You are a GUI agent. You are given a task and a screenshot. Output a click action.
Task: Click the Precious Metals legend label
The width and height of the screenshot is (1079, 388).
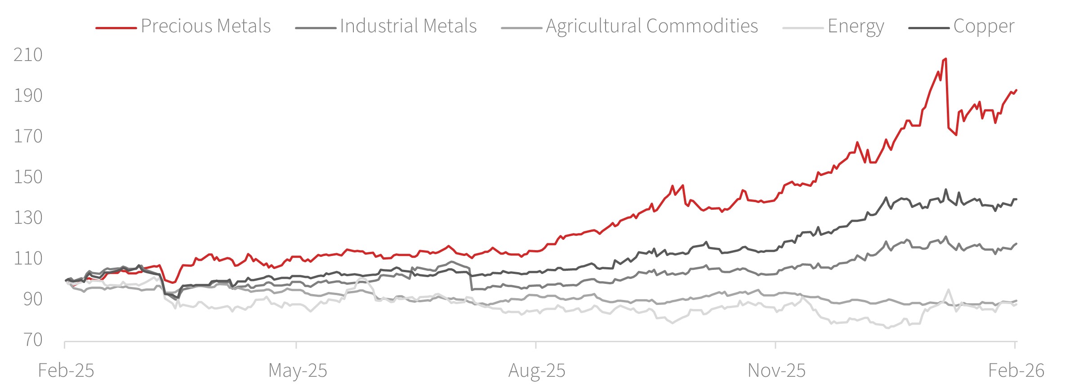[x=205, y=26]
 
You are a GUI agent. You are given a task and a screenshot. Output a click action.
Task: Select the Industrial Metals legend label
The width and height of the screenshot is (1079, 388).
[x=408, y=26]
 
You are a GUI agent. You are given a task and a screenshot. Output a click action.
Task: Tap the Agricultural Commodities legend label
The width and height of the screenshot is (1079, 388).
[x=652, y=26]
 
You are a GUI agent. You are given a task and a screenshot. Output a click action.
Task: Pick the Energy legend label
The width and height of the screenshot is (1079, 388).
[x=856, y=26]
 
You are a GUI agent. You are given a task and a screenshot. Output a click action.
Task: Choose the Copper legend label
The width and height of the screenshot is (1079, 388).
[x=984, y=26]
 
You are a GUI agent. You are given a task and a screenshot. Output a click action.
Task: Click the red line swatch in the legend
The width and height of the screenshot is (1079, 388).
[x=116, y=28]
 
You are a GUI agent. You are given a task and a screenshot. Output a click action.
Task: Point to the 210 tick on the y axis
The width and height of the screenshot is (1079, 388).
[x=28, y=55]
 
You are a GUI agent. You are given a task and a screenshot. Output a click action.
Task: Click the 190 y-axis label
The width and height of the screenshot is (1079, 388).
[x=28, y=96]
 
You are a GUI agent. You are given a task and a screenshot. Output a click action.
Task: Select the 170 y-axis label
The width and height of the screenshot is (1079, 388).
[x=28, y=136]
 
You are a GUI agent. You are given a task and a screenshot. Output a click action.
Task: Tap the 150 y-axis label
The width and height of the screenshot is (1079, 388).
[x=28, y=177]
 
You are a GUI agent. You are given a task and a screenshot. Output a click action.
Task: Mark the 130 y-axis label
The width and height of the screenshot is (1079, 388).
[x=28, y=218]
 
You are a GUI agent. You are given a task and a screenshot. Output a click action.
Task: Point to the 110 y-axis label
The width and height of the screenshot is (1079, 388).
[x=28, y=258]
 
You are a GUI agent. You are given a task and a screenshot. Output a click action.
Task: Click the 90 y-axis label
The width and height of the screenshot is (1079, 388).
[x=32, y=299]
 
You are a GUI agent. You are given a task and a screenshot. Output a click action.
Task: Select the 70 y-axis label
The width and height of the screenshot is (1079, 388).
[x=32, y=340]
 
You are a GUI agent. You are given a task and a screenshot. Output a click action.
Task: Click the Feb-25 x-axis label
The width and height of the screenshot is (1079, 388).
[x=66, y=371]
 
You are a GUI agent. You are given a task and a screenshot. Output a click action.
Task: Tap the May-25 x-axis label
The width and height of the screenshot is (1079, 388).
[x=298, y=371]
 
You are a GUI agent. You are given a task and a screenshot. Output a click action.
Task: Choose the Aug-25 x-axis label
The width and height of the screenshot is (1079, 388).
[x=537, y=371]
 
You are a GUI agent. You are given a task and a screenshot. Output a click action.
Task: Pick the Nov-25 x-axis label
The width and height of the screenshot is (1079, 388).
[x=776, y=371]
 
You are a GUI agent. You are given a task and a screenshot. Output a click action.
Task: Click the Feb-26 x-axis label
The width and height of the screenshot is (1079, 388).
[x=1016, y=371]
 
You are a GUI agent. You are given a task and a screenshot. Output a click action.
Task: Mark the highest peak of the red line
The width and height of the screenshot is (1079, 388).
[x=945, y=59]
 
